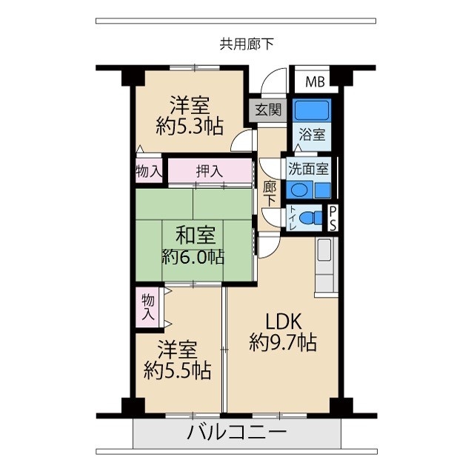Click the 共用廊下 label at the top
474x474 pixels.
[247, 44]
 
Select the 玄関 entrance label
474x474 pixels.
[268, 110]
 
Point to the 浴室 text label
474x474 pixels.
[312, 136]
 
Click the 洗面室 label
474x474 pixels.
[309, 167]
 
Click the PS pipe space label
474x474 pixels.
[333, 219]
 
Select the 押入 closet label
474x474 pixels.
[209, 171]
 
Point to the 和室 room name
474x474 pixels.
[196, 236]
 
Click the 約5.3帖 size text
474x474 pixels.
[190, 126]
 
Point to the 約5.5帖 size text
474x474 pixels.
[177, 370]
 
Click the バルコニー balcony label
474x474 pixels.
[236, 432]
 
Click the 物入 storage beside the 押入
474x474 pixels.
[149, 171]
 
